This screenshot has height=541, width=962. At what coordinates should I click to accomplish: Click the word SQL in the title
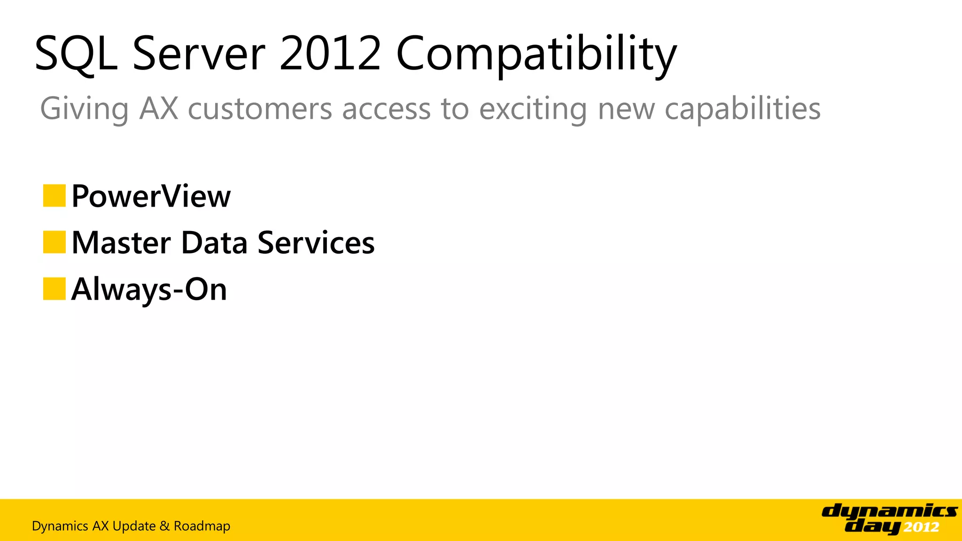click(x=76, y=54)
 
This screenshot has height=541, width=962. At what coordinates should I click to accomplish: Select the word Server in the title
click(x=199, y=54)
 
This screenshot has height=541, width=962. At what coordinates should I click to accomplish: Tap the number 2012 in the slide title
click(x=330, y=54)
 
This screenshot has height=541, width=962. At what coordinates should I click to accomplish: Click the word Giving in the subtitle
click(x=84, y=109)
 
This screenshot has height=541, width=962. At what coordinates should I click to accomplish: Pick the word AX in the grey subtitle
click(x=159, y=109)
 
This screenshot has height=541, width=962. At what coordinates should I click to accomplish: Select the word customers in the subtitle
click(x=260, y=109)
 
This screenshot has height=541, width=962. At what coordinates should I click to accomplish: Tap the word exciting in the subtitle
click(x=533, y=109)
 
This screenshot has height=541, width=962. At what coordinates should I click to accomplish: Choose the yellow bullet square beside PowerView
click(x=54, y=196)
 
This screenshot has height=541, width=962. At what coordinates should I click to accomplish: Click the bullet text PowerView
click(x=151, y=196)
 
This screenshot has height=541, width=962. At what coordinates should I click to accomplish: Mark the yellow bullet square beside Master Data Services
click(x=54, y=242)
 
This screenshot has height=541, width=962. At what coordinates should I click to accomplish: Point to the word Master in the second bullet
click(x=121, y=243)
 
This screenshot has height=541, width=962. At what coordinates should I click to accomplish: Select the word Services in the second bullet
click(x=316, y=243)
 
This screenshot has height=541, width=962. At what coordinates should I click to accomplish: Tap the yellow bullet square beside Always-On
click(x=54, y=289)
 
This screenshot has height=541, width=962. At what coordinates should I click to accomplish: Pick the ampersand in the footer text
click(x=164, y=526)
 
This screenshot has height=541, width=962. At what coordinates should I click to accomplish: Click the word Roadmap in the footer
click(x=202, y=526)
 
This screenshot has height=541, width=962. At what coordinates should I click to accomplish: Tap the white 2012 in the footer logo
click(x=921, y=527)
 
